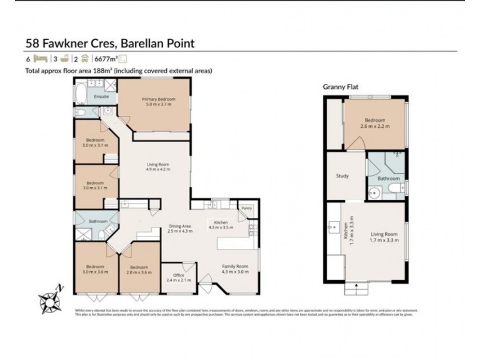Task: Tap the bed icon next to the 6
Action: [x=40, y=59]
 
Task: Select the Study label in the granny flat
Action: [x=343, y=176]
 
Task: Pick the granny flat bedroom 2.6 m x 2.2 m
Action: [x=376, y=123]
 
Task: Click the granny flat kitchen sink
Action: [x=333, y=229]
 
